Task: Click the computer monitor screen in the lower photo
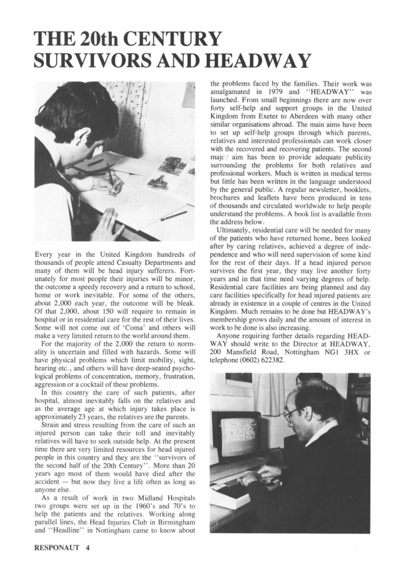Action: click(235, 435)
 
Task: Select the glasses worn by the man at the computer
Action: click(290, 414)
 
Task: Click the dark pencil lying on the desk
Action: click(173, 216)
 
